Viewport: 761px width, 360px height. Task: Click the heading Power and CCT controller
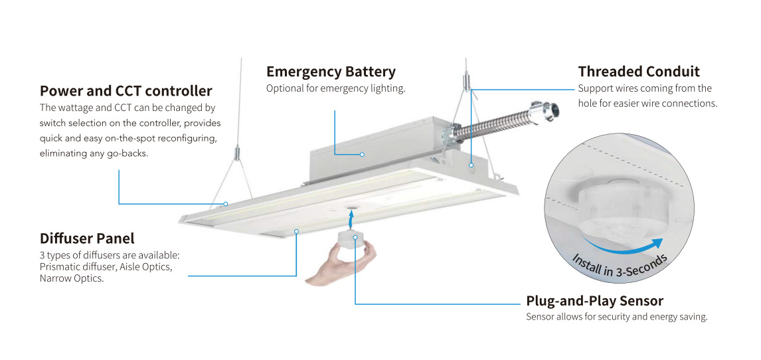[x=126, y=91]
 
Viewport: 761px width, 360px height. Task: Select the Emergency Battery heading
[x=331, y=72]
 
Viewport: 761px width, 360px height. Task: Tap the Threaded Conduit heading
[x=639, y=72]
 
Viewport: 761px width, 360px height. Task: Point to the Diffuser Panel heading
[x=87, y=238]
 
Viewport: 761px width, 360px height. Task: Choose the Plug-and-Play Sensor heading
[x=594, y=301]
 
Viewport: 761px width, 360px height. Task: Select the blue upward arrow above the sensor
[x=351, y=218]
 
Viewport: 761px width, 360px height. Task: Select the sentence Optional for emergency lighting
[x=335, y=88]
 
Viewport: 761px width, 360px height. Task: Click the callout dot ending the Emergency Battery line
[x=362, y=155]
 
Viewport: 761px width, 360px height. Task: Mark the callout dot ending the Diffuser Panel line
[x=296, y=231]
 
